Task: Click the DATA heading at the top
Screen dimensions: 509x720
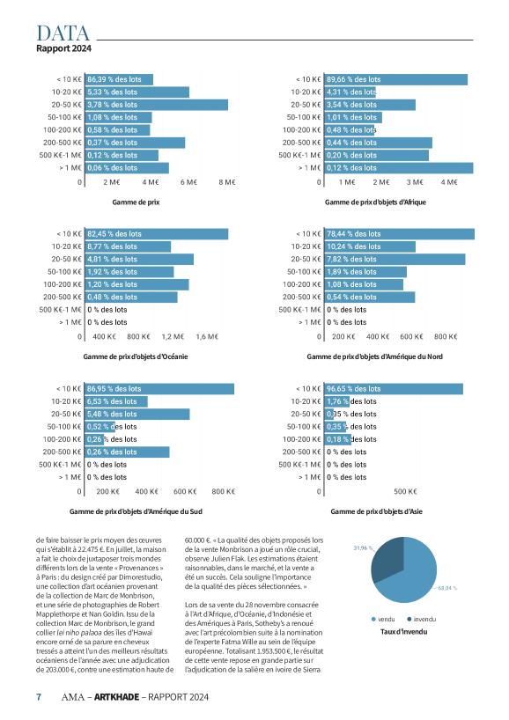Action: tap(63, 33)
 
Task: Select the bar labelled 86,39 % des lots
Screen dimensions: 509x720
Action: tap(119, 79)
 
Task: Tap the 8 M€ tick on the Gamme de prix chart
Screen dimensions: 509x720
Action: tap(227, 182)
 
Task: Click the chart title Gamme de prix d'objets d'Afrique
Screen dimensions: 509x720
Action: tap(375, 202)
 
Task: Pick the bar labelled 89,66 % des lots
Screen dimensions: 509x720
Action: tap(396, 79)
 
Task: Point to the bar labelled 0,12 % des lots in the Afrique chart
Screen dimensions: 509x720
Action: tap(399, 168)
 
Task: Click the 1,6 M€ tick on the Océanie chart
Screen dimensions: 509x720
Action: tap(207, 336)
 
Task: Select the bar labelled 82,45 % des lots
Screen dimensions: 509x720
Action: tap(157, 234)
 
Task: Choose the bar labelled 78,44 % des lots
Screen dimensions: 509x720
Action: tap(400, 234)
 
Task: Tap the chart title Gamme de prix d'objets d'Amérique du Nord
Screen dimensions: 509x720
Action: tap(375, 356)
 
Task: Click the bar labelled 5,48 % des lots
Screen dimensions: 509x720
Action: tap(137, 415)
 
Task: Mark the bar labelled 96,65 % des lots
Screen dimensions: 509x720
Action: tap(394, 389)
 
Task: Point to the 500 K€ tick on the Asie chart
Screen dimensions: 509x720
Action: tap(405, 491)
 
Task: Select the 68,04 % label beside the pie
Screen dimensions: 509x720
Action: tap(447, 588)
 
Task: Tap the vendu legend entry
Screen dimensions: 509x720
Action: tap(383, 620)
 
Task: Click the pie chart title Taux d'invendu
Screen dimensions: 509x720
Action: tap(404, 632)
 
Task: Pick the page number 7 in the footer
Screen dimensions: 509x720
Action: tap(39, 697)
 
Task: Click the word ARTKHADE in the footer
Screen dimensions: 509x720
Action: tap(117, 697)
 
